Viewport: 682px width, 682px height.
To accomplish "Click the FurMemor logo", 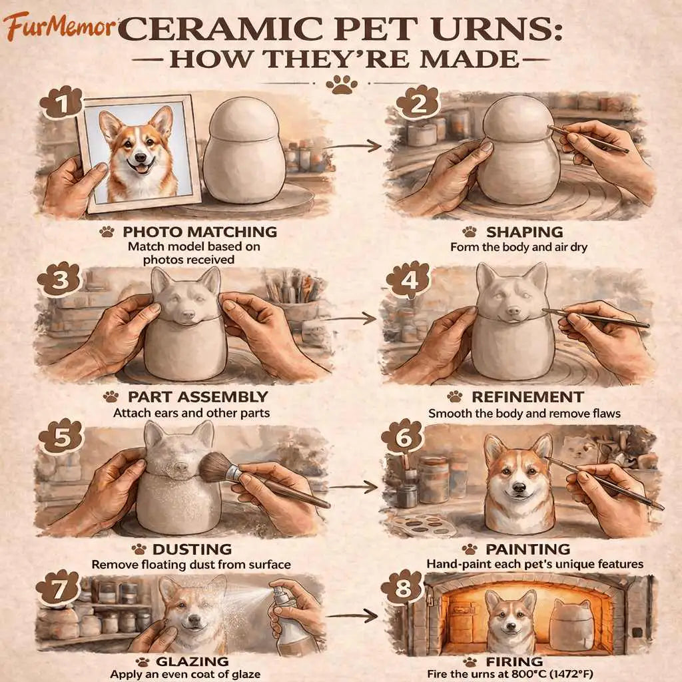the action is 59,26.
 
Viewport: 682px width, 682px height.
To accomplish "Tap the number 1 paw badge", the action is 61,103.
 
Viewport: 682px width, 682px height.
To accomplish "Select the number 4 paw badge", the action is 408,280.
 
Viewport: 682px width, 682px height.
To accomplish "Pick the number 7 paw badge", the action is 59,589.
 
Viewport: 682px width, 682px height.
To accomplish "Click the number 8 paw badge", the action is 402,588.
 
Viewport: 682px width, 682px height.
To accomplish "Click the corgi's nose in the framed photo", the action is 140,158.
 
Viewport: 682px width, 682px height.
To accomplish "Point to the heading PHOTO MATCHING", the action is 200,232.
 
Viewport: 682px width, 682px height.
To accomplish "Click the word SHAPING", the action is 525,232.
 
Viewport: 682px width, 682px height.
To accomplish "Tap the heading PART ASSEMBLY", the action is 198,397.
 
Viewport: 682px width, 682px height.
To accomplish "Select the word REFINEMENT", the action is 527,397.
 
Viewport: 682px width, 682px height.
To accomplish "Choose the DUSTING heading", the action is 192,549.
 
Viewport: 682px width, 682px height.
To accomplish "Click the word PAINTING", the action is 527,549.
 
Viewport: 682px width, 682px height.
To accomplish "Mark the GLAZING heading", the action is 192,661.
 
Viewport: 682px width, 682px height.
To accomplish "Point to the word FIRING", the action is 514,661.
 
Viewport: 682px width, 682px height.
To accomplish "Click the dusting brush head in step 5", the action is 215,468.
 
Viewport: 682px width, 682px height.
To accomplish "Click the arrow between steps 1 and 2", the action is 353,146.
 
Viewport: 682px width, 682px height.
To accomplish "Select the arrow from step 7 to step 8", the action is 352,615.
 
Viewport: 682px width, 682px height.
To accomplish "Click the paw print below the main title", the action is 342,85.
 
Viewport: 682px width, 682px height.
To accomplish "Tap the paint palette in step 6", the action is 421,525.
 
